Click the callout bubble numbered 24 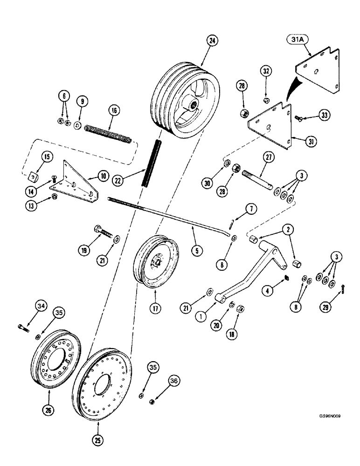click(x=212, y=41)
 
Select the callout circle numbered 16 click(x=115, y=110)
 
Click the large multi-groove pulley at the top click(x=180, y=100)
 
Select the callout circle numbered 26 click(x=48, y=410)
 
